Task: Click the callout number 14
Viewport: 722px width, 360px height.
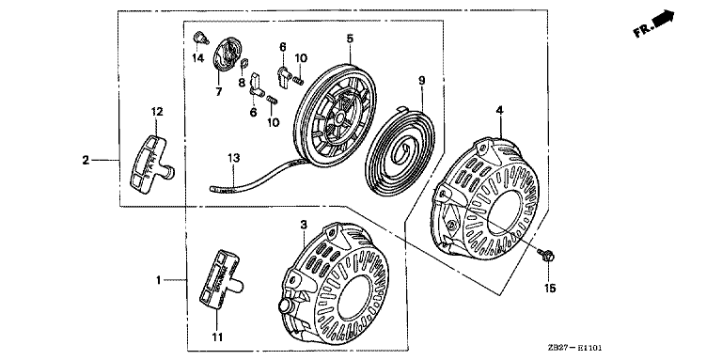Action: [x=198, y=58]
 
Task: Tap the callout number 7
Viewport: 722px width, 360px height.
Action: [x=218, y=91]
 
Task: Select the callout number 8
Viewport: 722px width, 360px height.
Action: [x=242, y=83]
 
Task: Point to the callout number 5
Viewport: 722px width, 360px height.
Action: [x=350, y=39]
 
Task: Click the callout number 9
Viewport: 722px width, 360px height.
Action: [x=422, y=81]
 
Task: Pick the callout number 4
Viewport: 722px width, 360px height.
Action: [x=499, y=110]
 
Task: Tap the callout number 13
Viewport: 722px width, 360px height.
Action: [x=233, y=158]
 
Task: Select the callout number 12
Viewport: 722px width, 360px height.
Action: [x=157, y=112]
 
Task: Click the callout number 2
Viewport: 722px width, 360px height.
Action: [x=86, y=160]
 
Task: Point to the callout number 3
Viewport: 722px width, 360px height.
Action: [x=304, y=225]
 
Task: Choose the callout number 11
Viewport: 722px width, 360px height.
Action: [x=217, y=337]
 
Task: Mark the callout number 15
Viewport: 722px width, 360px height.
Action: [x=550, y=289]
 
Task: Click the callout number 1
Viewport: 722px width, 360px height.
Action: [x=158, y=279]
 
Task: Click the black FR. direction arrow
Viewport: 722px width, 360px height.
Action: [x=665, y=19]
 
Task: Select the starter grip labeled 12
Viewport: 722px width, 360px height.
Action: [x=151, y=163]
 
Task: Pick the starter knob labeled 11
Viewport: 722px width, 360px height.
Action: [x=220, y=279]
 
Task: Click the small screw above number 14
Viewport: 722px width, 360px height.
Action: [x=200, y=38]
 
